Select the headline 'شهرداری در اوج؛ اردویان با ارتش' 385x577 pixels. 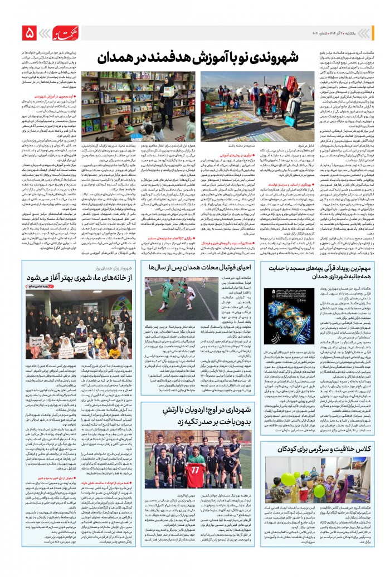(x=193, y=414)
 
